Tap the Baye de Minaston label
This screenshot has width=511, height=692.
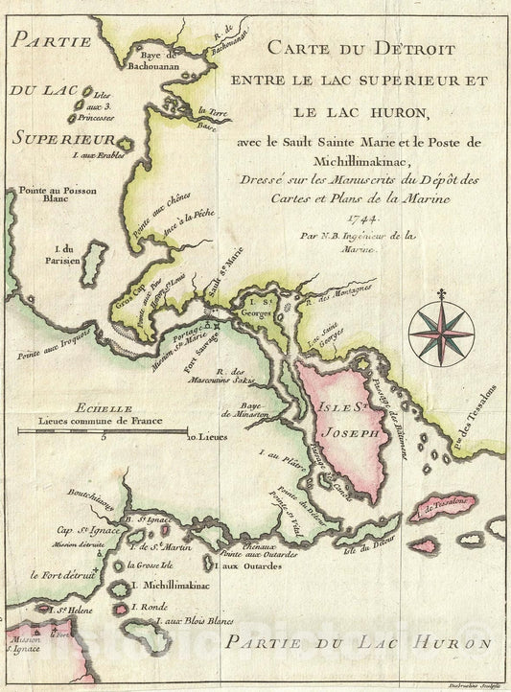(241, 407)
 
